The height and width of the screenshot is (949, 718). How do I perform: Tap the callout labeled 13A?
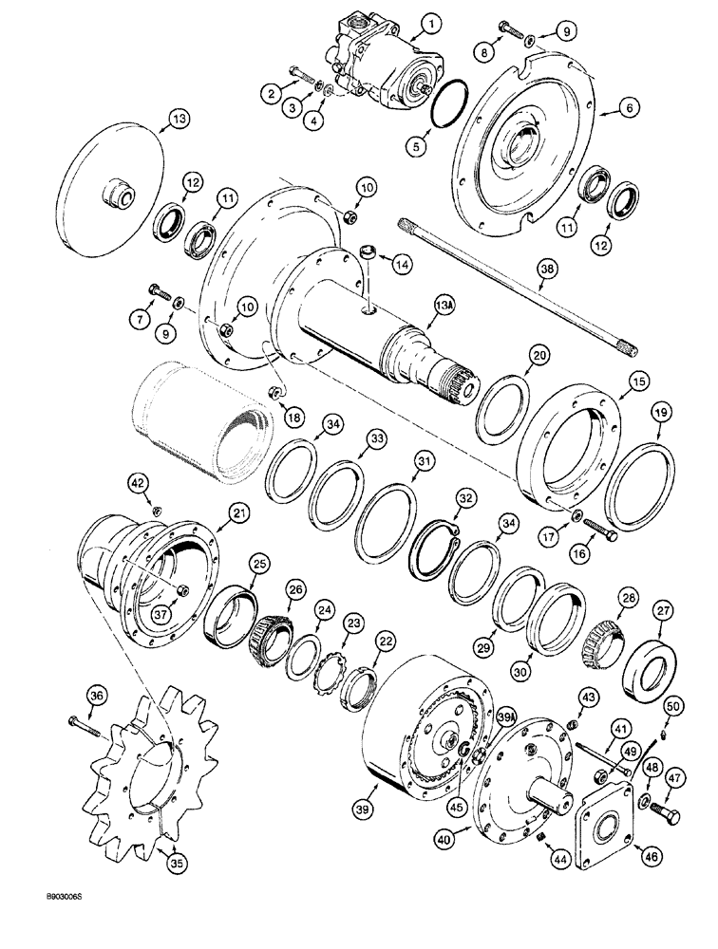444,306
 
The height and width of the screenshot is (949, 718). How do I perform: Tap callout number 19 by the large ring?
660,412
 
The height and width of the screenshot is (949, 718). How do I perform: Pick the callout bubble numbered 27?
660,610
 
